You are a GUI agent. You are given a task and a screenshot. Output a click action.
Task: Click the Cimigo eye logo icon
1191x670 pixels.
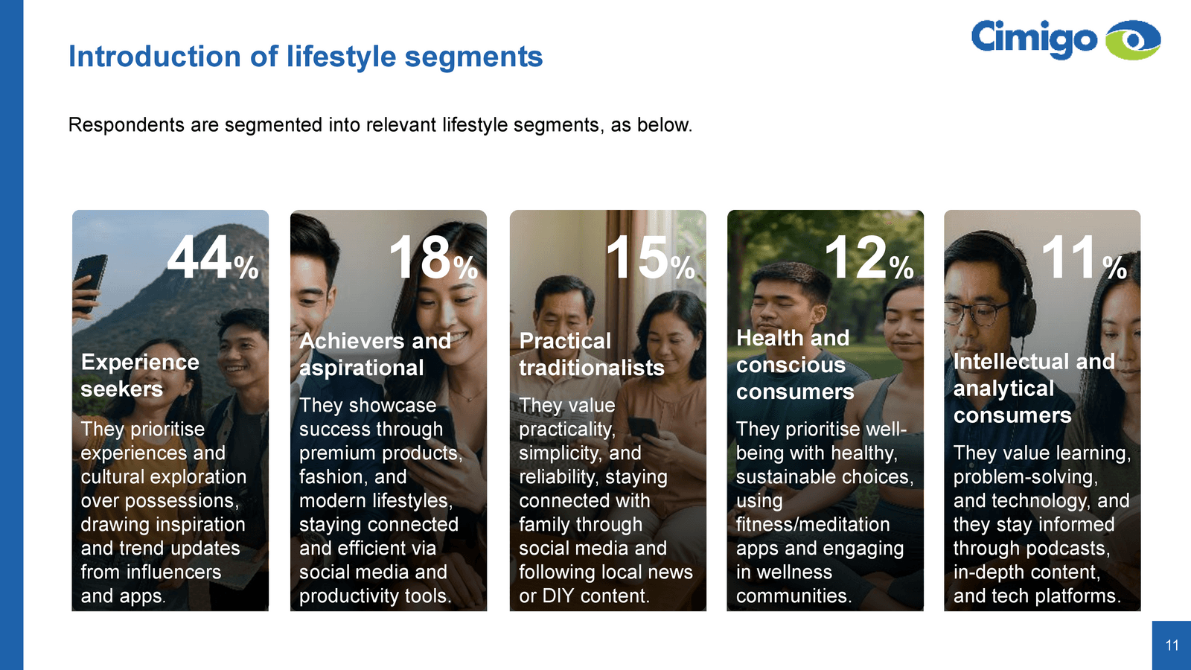pos(1132,40)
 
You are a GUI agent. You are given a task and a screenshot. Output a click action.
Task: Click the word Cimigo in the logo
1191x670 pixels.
pos(1034,39)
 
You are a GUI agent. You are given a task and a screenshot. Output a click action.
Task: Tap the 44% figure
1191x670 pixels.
pos(213,258)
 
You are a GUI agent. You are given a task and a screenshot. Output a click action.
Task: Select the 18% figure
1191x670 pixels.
pos(433,258)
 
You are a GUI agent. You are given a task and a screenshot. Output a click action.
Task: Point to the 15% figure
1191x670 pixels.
pos(651,258)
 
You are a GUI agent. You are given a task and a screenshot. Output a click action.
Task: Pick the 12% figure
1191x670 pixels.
pos(869,258)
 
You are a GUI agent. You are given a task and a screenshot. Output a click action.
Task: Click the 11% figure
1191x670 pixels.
pos(1084,258)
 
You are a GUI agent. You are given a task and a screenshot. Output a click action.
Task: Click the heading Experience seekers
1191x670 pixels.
pos(140,375)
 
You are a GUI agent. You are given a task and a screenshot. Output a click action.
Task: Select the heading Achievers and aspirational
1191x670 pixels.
pos(375,354)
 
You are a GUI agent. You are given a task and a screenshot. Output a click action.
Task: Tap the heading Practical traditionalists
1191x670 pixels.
pos(591,354)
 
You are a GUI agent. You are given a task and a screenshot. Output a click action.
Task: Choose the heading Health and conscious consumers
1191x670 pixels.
pos(795,365)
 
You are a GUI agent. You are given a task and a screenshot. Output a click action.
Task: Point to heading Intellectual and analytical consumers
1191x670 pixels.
pos(1034,388)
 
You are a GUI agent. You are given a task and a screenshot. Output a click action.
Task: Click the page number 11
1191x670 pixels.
pos(1172,645)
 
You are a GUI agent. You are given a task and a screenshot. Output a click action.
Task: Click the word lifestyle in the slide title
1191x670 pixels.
pos(342,57)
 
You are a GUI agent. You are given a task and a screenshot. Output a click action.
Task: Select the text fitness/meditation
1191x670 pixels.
pos(812,525)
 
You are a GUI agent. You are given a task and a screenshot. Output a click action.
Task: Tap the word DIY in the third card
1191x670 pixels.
pos(561,596)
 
